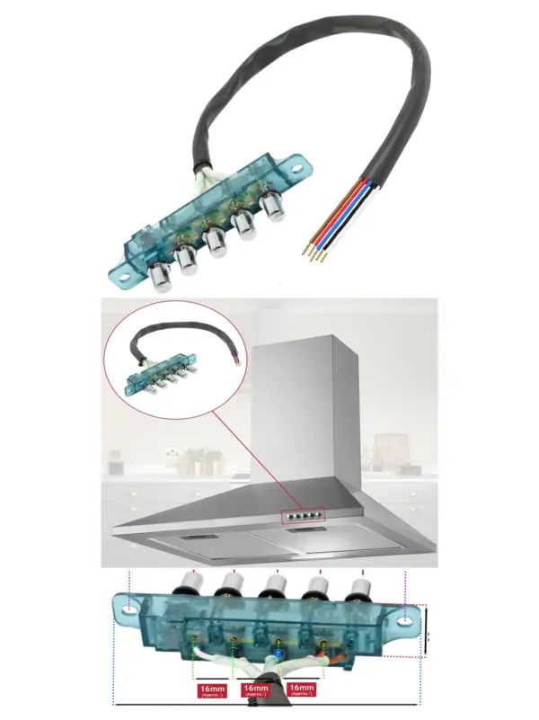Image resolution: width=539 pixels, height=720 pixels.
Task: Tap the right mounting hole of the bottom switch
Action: [x=408, y=617]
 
